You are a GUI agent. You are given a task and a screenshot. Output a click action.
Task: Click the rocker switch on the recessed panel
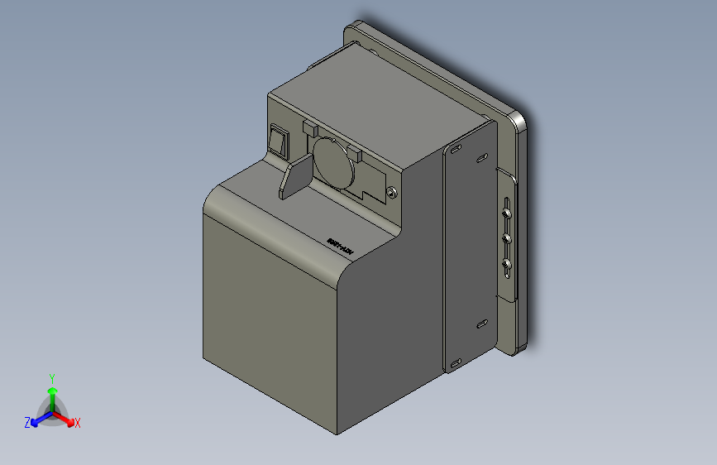coord(279,141)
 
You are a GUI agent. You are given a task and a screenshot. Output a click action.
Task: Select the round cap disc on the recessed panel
coord(333,161)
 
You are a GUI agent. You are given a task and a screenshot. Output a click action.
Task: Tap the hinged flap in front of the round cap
coord(294,177)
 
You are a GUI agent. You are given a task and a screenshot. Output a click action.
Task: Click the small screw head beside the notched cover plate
coord(390,193)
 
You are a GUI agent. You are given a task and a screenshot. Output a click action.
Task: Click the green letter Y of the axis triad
coord(51,377)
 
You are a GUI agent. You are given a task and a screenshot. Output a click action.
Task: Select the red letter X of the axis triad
coord(78,424)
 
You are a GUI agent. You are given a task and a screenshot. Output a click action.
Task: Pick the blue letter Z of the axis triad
coord(26,423)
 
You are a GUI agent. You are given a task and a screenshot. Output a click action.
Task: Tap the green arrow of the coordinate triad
coord(51,392)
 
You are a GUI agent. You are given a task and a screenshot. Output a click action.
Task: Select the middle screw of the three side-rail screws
coord(506,239)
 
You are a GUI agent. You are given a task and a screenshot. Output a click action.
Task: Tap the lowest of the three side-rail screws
coord(506,266)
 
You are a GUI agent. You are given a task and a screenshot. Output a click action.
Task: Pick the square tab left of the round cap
coord(309,128)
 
